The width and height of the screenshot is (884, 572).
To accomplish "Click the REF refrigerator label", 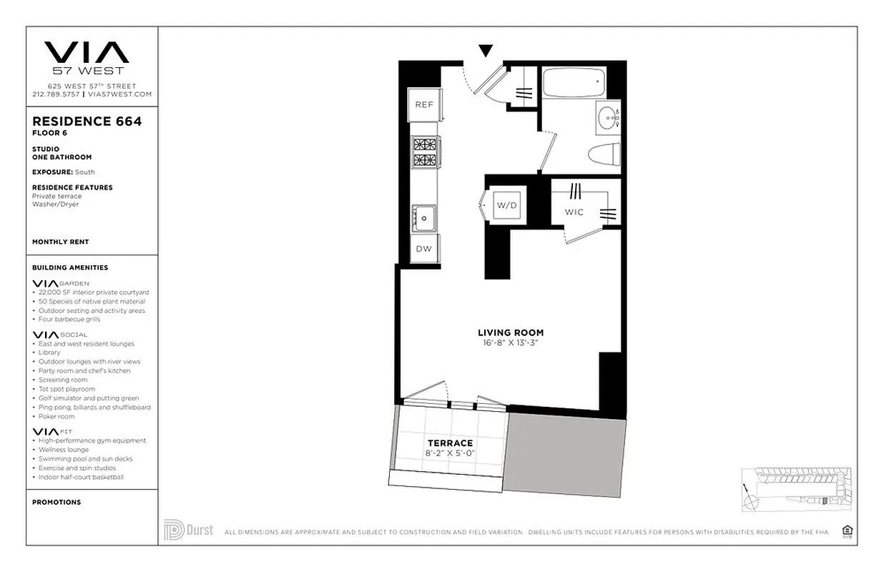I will (424, 104).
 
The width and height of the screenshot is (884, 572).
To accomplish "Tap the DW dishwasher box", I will (424, 249).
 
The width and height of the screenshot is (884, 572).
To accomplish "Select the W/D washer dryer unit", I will (506, 205).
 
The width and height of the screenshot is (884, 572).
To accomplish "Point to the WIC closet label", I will (574, 212).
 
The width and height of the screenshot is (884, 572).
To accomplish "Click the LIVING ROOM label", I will (511, 332).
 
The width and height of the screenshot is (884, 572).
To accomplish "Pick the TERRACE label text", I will (450, 443).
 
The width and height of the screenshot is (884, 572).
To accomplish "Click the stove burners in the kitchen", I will (424, 152).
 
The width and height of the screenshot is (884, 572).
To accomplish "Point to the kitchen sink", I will (423, 215).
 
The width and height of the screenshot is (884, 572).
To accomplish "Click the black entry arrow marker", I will (486, 51).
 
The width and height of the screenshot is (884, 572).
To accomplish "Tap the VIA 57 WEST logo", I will (87, 58).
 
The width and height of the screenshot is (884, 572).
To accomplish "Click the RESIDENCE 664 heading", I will (87, 122).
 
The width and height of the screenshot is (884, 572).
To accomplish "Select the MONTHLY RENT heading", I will (61, 242).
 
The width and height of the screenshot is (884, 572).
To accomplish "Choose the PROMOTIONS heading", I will (57, 503).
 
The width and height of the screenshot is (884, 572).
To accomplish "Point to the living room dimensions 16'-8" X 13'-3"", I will (511, 343).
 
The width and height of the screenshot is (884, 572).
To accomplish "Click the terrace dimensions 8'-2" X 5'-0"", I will (450, 453).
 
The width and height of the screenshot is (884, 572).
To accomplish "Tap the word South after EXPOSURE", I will (85, 172).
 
